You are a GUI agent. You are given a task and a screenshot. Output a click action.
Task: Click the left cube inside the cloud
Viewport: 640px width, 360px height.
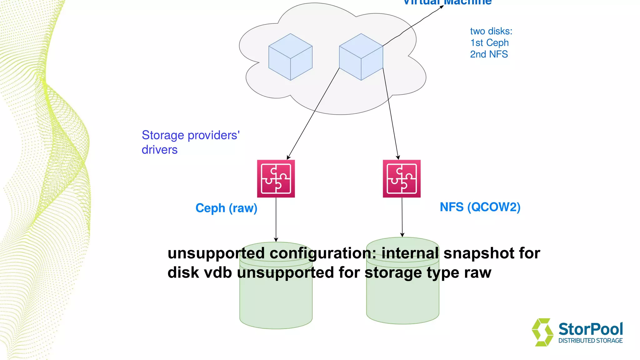pyautogui.click(x=290, y=57)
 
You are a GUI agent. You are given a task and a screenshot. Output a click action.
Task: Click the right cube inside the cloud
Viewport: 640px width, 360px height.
pyautogui.click(x=361, y=57)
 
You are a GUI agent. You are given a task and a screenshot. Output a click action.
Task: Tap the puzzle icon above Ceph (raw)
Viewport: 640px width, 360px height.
pyautogui.click(x=276, y=179)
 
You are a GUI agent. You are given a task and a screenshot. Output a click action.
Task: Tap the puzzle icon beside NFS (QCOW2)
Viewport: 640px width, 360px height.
pyautogui.click(x=402, y=179)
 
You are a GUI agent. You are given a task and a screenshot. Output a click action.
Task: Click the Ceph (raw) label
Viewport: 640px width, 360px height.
pyautogui.click(x=226, y=208)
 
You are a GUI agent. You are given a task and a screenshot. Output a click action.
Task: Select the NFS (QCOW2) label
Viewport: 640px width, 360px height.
pyautogui.click(x=480, y=207)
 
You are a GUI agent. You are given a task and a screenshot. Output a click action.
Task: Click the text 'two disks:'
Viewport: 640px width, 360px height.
pyautogui.click(x=491, y=31)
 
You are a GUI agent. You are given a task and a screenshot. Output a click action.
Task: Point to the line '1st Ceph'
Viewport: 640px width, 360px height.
pyautogui.click(x=489, y=43)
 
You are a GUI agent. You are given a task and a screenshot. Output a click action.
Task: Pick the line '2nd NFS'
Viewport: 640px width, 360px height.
pyautogui.click(x=489, y=54)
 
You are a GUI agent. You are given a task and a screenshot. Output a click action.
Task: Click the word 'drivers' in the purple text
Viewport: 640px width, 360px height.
pyautogui.click(x=159, y=150)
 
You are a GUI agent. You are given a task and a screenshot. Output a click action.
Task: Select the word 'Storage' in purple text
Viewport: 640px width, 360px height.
pyautogui.click(x=163, y=135)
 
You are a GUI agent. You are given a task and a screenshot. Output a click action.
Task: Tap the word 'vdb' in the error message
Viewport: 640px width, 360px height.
pyautogui.click(x=218, y=272)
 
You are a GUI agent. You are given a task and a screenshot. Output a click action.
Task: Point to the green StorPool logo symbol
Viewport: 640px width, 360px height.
pyautogui.click(x=542, y=332)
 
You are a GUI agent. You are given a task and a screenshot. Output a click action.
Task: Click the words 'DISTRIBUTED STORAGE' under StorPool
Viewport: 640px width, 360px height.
pyautogui.click(x=590, y=341)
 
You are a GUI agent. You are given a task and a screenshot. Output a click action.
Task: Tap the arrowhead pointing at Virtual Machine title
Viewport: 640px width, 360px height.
pyautogui.click(x=442, y=7)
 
